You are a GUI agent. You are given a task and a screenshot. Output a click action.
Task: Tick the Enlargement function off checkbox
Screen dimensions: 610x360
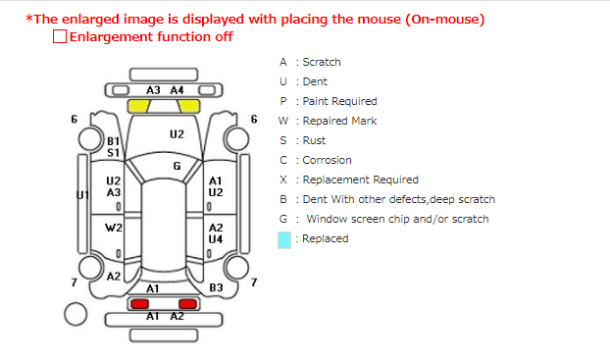tap(60, 36)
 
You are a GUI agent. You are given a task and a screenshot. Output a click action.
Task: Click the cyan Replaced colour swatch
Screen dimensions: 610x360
tap(284, 239)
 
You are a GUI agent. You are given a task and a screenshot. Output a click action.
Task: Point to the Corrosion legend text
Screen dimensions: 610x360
tap(327, 160)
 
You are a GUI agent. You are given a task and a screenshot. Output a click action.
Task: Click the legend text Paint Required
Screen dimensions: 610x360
tap(339, 102)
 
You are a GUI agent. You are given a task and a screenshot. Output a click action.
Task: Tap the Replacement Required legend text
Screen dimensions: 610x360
tap(360, 180)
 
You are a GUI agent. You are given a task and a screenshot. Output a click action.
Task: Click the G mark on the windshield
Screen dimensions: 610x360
tap(177, 166)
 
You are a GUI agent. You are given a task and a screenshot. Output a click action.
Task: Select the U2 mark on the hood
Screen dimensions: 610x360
tap(177, 134)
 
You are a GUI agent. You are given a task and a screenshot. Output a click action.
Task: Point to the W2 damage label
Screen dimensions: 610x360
tap(114, 228)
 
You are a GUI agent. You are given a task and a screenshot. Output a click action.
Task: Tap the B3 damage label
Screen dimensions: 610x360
tap(216, 287)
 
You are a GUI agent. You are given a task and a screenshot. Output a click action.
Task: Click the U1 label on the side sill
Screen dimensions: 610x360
tap(82, 194)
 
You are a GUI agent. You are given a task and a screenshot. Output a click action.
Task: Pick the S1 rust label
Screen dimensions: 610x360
tap(113, 153)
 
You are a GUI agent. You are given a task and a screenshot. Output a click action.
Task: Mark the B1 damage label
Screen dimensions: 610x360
tap(113, 141)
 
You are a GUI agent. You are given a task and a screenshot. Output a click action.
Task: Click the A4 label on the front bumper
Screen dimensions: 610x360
tap(177, 90)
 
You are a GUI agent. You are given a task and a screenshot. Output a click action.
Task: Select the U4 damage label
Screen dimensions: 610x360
tap(216, 239)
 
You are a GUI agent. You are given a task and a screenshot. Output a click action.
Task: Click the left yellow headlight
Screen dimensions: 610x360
tap(139, 106)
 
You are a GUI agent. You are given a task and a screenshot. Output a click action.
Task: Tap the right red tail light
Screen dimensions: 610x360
tap(187, 303)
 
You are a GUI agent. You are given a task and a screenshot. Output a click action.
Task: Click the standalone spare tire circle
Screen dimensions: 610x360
tap(76, 314)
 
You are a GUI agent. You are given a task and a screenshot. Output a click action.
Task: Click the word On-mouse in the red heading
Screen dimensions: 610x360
tap(444, 19)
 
